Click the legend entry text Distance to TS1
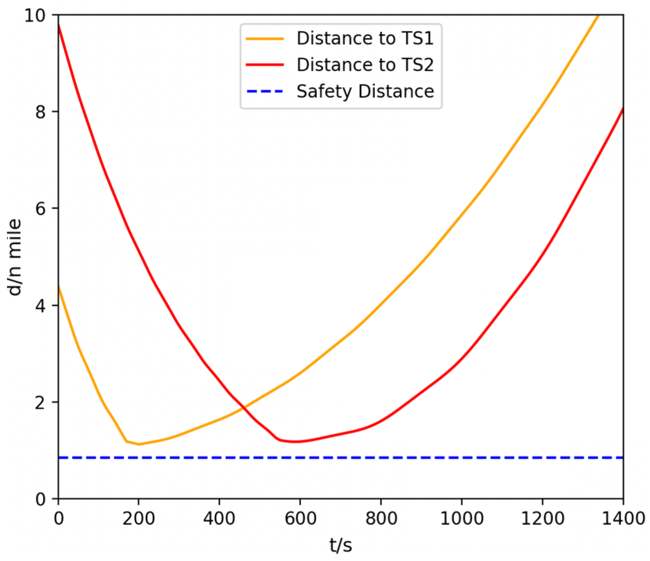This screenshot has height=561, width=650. pos(365,38)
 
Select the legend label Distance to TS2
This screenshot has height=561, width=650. pos(365,65)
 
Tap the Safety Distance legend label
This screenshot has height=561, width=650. pos(365,91)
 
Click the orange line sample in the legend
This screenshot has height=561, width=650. pos(264,39)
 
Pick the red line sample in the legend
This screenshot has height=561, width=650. pos(264,65)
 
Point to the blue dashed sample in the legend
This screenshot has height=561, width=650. pos(264,92)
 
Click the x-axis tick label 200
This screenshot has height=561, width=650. pos(139,519)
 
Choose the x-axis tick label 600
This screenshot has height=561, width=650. pos(300,519)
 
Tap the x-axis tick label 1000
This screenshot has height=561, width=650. pos(462,519)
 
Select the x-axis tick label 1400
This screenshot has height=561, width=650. pos(623,519)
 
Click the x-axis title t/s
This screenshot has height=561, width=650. pos(340,545)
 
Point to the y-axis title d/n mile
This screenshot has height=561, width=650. pos(15,257)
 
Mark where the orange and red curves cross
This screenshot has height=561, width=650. pos(244,408)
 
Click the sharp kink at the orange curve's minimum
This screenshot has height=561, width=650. pos(127,442)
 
